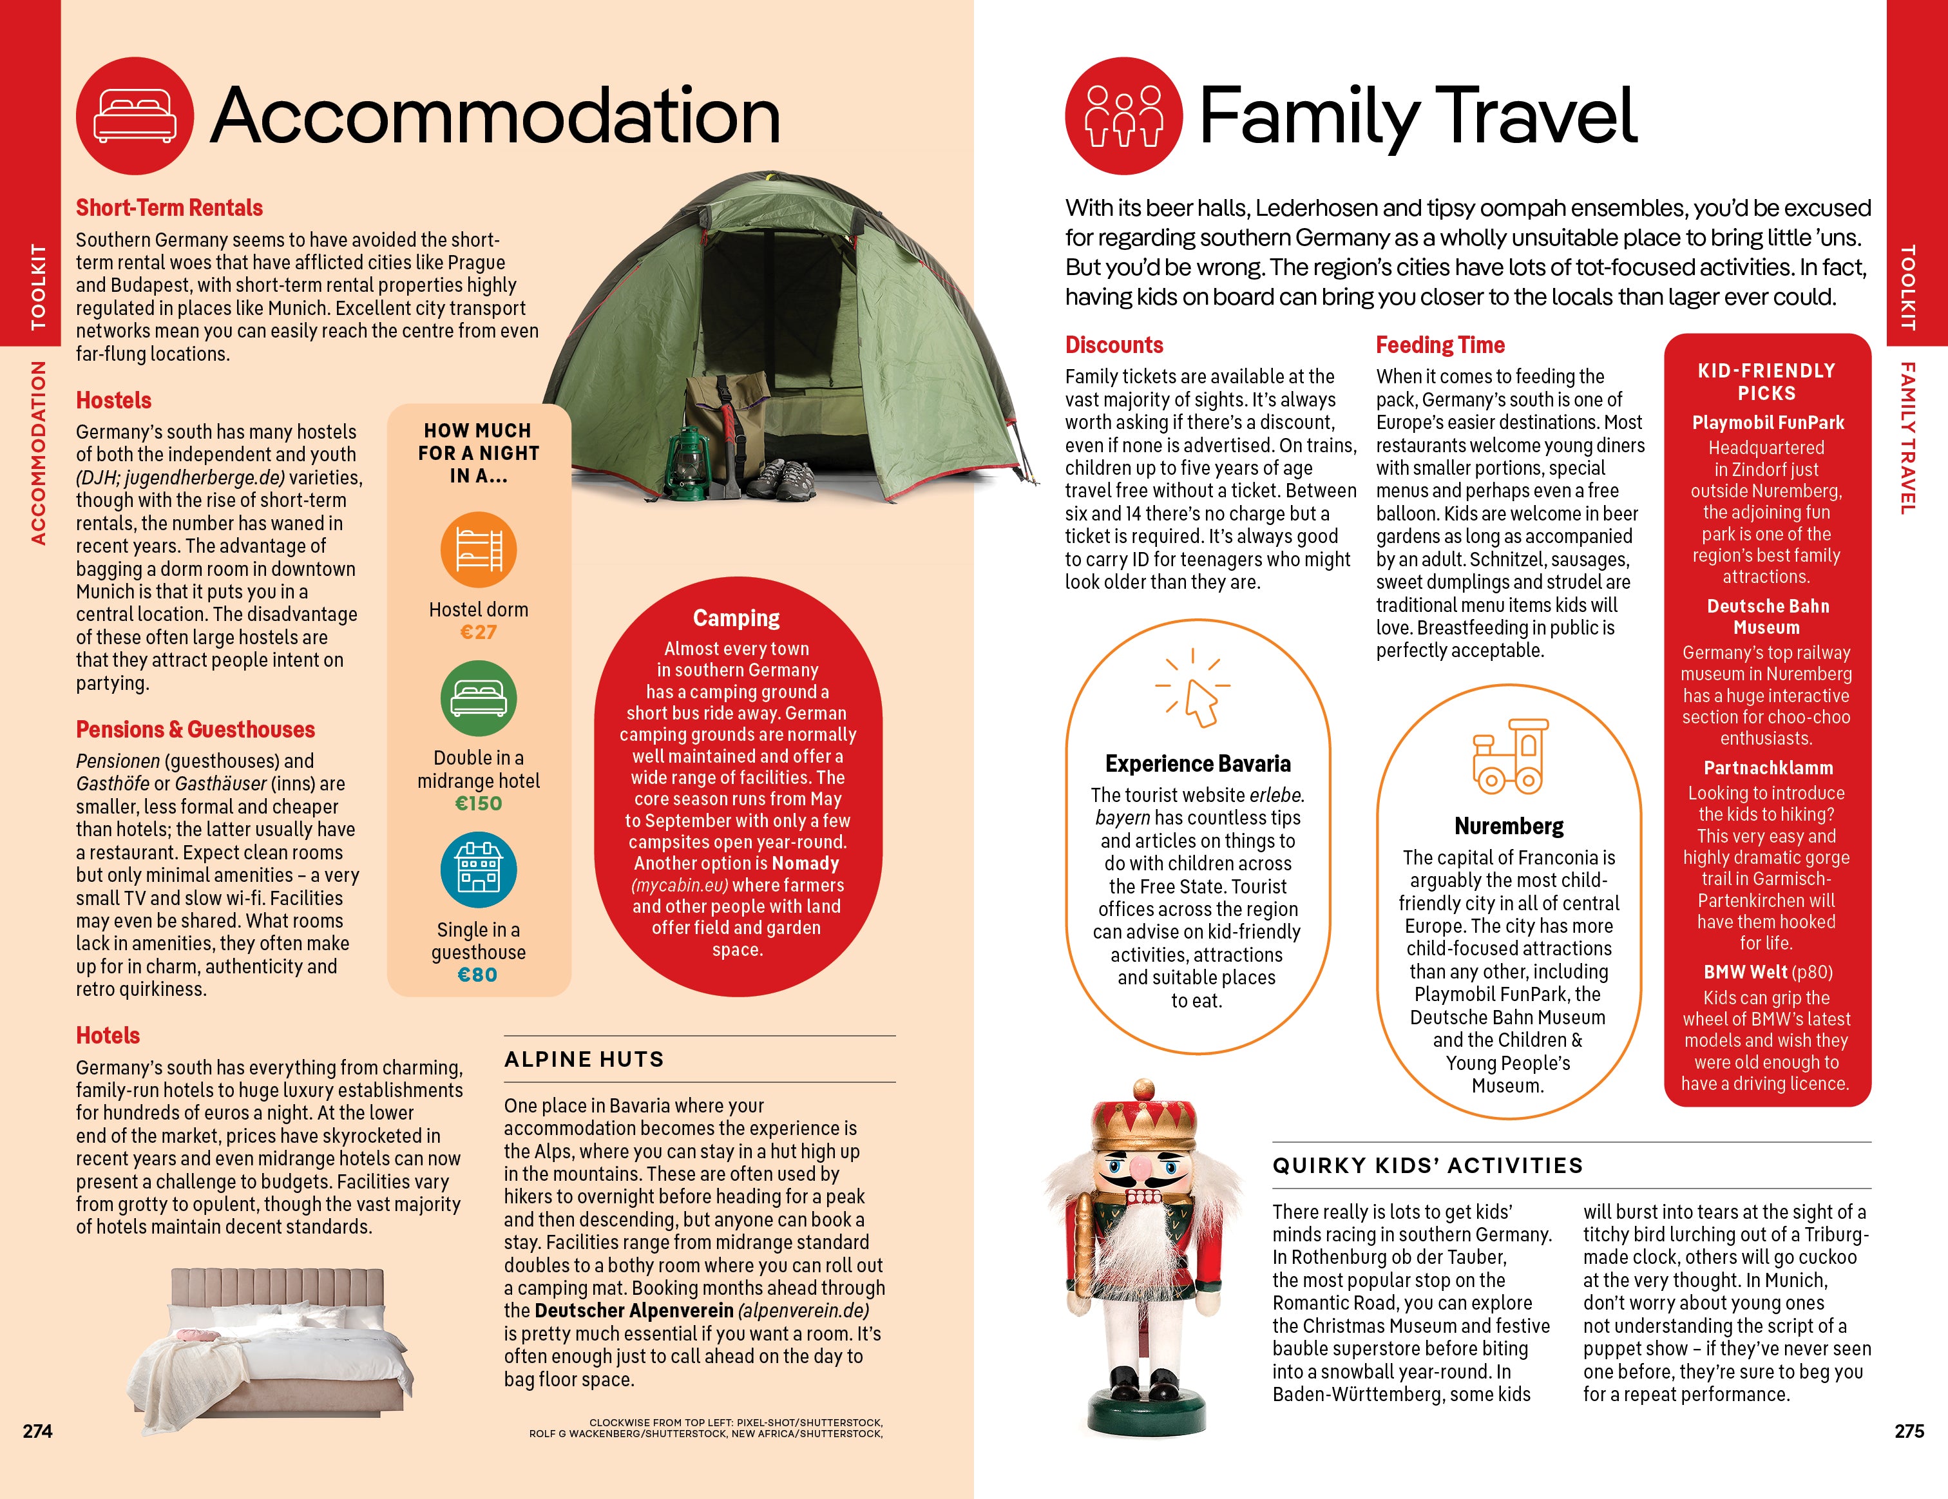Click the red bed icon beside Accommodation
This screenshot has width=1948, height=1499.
[135, 116]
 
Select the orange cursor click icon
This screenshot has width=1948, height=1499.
[1195, 691]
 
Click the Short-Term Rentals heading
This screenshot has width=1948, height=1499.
[169, 208]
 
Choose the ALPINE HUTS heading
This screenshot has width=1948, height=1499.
[584, 1060]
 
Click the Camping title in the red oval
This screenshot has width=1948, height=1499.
[737, 618]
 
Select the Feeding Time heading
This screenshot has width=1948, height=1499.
[1440, 345]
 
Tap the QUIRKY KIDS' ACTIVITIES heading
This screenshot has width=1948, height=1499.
[1427, 1165]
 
